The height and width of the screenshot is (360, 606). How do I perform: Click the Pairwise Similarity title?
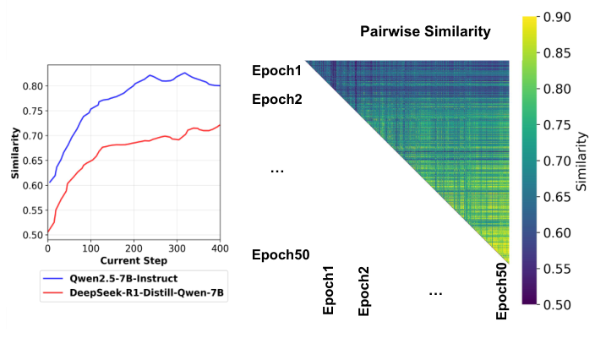[x=425, y=32]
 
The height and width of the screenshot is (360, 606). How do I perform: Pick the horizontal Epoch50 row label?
[x=281, y=254]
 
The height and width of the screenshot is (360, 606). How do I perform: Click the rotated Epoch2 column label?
[x=363, y=291]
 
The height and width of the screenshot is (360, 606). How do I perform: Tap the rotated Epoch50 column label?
[x=501, y=291]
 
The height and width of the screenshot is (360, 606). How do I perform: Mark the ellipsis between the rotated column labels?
[x=435, y=292]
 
